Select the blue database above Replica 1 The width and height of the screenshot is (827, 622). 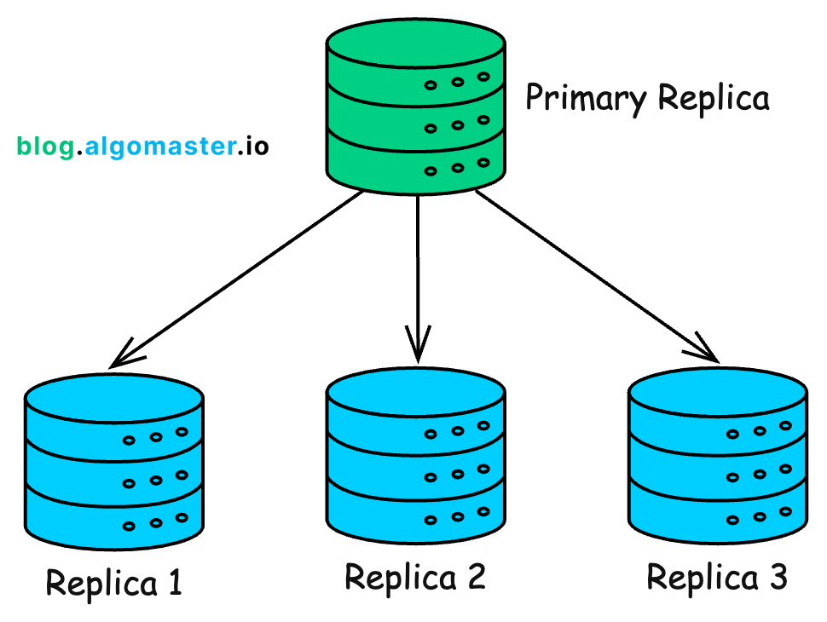coord(113,460)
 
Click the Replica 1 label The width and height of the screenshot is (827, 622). coord(113,584)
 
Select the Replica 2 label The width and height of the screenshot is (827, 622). coord(415,579)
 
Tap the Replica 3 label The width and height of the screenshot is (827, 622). coord(716,579)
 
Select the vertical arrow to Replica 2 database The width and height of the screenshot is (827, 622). coord(417,273)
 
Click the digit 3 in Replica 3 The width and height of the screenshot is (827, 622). coord(773,579)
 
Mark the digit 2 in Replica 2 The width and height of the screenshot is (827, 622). coord(472,579)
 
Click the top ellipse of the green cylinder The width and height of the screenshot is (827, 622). coord(416,44)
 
